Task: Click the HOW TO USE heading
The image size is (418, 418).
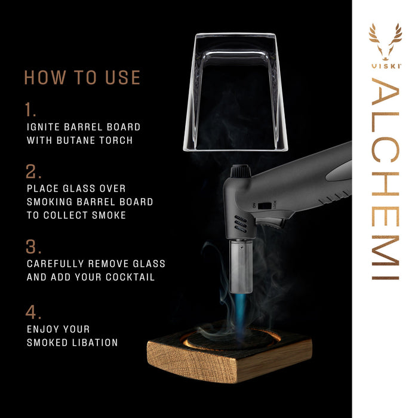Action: [82, 78]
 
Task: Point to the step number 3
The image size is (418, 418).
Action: [33, 247]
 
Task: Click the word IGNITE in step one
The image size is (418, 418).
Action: [45, 127]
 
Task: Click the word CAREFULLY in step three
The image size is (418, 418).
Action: [56, 263]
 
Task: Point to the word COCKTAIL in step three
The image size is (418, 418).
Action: [133, 278]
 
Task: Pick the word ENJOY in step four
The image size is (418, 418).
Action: [42, 329]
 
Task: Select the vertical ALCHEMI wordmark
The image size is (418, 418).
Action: [385, 179]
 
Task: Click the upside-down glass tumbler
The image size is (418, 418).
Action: [236, 90]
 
